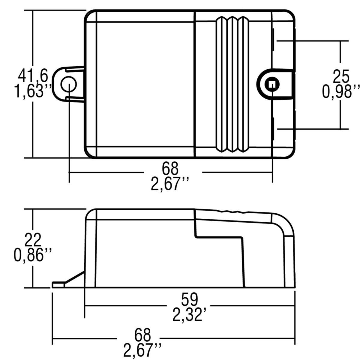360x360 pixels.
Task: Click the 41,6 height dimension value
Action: (x=33, y=76)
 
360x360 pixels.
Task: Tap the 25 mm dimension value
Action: (x=341, y=76)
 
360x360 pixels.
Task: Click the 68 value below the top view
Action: (x=170, y=169)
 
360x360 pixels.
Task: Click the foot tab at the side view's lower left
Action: (x=58, y=284)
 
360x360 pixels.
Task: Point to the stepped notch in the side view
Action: (x=219, y=237)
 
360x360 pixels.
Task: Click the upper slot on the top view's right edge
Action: (x=273, y=40)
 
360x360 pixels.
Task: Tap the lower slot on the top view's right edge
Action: (x=273, y=128)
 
